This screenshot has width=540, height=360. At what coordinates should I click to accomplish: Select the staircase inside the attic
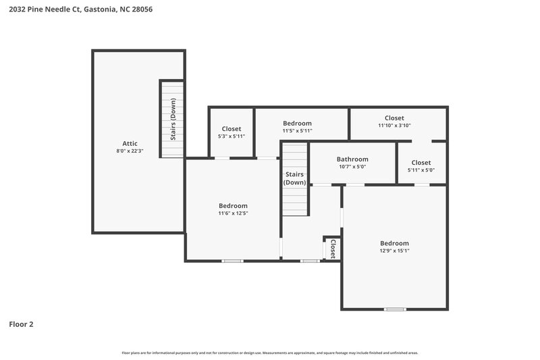click(171, 119)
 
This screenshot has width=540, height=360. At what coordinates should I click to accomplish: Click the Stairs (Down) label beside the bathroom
click(294, 178)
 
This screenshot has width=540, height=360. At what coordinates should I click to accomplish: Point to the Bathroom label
click(352, 159)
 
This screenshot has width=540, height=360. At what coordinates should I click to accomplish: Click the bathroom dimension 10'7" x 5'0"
click(352, 168)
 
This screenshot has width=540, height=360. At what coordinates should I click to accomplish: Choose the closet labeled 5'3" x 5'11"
click(231, 132)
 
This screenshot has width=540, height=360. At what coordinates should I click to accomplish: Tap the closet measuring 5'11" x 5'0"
click(421, 166)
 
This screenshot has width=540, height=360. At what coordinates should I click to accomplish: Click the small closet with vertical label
click(332, 248)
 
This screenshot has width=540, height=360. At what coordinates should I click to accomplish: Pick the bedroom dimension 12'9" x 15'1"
click(394, 251)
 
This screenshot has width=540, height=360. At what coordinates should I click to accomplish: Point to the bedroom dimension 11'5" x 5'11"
click(297, 131)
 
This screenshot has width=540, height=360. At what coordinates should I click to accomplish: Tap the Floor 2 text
click(21, 324)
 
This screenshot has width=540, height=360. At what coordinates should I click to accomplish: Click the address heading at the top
click(76, 9)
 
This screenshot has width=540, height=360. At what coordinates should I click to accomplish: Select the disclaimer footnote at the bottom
click(269, 353)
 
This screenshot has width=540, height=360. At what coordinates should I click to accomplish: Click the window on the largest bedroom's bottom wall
click(394, 309)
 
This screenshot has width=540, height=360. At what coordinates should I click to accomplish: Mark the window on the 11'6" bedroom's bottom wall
click(233, 261)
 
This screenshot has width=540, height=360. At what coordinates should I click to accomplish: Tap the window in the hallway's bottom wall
click(310, 261)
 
